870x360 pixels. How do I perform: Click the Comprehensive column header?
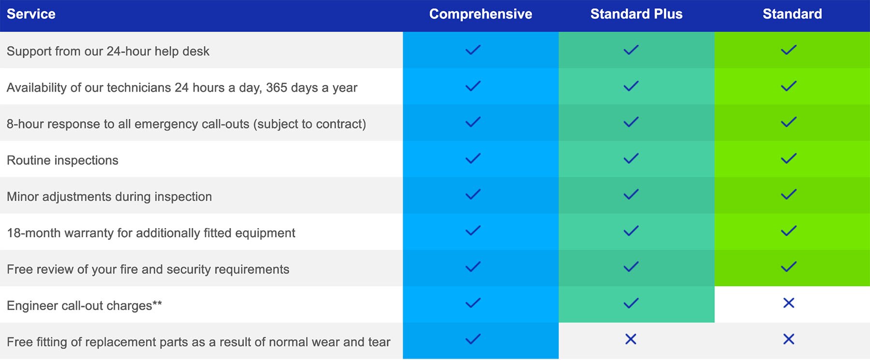click(x=480, y=14)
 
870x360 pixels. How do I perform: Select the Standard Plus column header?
click(x=636, y=14)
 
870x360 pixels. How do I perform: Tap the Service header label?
click(x=31, y=14)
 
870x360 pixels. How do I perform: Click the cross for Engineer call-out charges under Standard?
click(x=788, y=303)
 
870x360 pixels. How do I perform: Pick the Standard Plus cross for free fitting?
click(x=630, y=339)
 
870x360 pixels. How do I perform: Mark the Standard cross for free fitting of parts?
click(x=788, y=339)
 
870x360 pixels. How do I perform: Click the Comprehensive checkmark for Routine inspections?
click(x=473, y=158)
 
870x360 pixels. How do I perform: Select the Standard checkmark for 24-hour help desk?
click(x=788, y=50)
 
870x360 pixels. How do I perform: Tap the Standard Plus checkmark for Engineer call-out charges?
click(x=631, y=303)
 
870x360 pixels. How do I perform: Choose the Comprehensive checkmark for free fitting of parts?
click(x=473, y=339)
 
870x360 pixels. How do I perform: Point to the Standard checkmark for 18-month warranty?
click(x=788, y=231)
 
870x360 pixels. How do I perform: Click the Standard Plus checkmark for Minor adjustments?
click(x=631, y=195)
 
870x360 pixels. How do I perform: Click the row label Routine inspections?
click(x=62, y=160)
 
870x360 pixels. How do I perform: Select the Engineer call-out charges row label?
click(x=84, y=305)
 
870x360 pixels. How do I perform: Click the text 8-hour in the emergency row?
click(x=25, y=124)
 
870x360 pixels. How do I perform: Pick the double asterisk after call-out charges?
click(x=157, y=303)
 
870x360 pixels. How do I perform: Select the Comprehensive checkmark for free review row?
click(x=473, y=267)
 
